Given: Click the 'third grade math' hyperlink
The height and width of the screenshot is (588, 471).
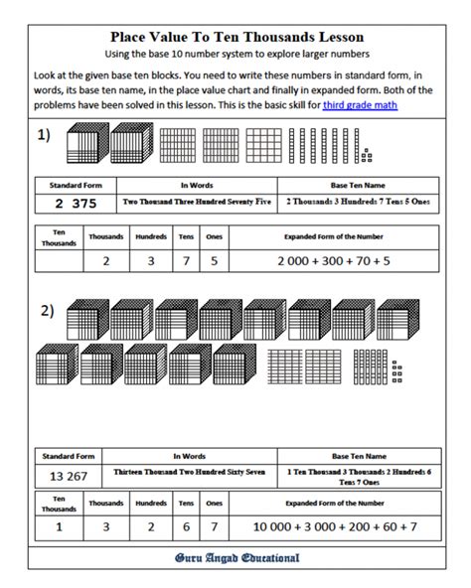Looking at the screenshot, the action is click(360, 105).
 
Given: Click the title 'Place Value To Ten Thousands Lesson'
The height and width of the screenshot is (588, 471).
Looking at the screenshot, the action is click(236, 37).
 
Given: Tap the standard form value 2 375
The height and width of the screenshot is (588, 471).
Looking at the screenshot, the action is click(76, 204).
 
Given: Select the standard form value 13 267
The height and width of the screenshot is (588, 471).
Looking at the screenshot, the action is click(69, 476).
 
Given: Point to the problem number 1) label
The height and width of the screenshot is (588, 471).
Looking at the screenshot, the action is click(44, 135).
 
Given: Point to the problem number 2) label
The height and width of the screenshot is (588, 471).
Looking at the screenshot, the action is click(48, 311).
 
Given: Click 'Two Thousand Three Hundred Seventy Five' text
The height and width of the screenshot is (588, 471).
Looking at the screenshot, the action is click(197, 202).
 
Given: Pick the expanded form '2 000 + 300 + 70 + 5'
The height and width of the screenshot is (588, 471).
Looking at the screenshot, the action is click(334, 261).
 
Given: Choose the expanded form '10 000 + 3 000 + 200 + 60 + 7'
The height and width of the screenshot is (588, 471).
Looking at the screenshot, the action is click(335, 526).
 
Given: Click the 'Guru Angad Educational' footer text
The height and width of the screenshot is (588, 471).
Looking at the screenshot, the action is click(236, 558).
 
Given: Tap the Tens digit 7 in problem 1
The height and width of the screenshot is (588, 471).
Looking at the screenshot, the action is click(186, 261).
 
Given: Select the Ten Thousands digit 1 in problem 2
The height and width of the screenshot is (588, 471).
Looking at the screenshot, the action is click(59, 527).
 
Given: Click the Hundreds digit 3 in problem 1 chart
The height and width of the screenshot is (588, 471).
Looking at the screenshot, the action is click(151, 261).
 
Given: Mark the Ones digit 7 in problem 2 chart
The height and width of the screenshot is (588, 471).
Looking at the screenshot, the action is click(215, 527).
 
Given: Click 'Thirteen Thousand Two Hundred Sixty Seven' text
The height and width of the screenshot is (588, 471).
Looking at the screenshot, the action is click(190, 472).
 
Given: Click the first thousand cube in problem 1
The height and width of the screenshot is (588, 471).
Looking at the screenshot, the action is click(87, 143).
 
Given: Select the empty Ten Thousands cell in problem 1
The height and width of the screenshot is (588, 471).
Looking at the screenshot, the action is click(59, 261).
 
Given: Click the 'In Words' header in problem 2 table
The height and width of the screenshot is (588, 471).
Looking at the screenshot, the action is click(189, 456).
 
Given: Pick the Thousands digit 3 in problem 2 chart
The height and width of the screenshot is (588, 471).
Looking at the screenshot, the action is click(106, 527).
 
